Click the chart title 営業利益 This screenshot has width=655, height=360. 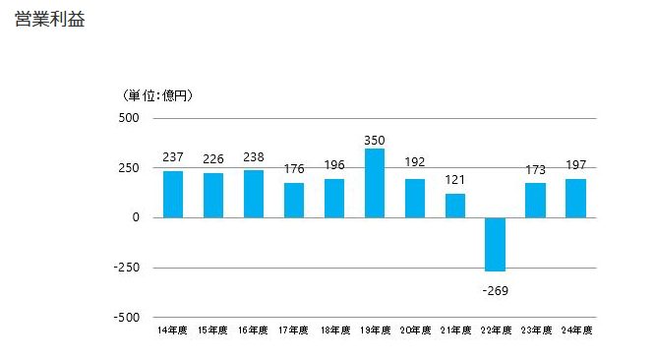(x=50, y=20)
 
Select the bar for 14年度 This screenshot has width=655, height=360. (x=173, y=194)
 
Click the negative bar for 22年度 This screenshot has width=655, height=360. (x=495, y=244)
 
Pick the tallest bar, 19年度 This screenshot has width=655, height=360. (x=375, y=183)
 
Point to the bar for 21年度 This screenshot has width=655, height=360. (x=454, y=206)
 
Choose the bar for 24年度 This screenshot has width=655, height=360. (x=575, y=198)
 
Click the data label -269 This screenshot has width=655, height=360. (x=495, y=290)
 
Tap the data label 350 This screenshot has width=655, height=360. (x=375, y=140)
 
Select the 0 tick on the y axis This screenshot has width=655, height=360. (x=136, y=217)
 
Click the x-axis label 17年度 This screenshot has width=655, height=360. (x=294, y=330)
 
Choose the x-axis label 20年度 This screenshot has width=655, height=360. (x=415, y=330)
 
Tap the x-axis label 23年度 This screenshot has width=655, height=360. (x=535, y=330)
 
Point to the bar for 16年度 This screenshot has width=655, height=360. (x=254, y=194)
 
